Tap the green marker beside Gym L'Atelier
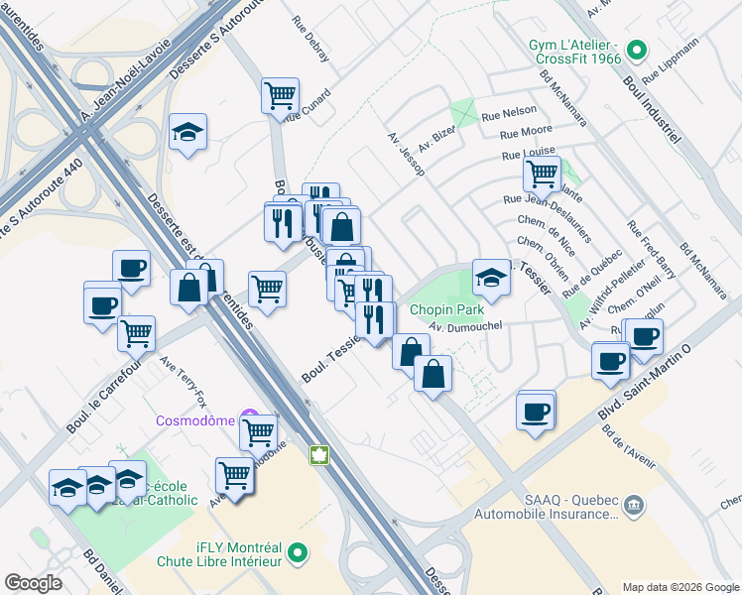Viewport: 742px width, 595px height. [639, 48]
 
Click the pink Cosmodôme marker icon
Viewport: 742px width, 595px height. [251, 419]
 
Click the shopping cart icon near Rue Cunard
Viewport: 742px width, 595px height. [280, 96]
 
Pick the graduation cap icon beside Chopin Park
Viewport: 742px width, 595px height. [490, 279]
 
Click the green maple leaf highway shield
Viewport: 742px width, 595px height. [320, 455]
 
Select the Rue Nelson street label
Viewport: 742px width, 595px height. [509, 111]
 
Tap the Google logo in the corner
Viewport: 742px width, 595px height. [34, 583]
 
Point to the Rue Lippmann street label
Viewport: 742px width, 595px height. [672, 59]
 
